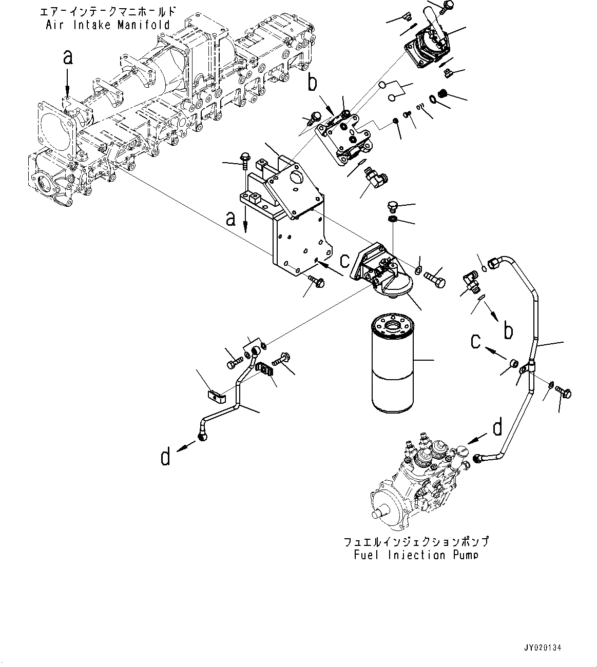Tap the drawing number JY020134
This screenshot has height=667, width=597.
(x=543, y=648)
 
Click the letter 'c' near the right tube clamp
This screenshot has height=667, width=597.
(x=476, y=340)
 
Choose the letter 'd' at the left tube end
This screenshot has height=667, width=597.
(x=165, y=456)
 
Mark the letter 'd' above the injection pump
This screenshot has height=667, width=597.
(x=497, y=427)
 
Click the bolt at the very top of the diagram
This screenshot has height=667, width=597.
(x=447, y=6)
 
